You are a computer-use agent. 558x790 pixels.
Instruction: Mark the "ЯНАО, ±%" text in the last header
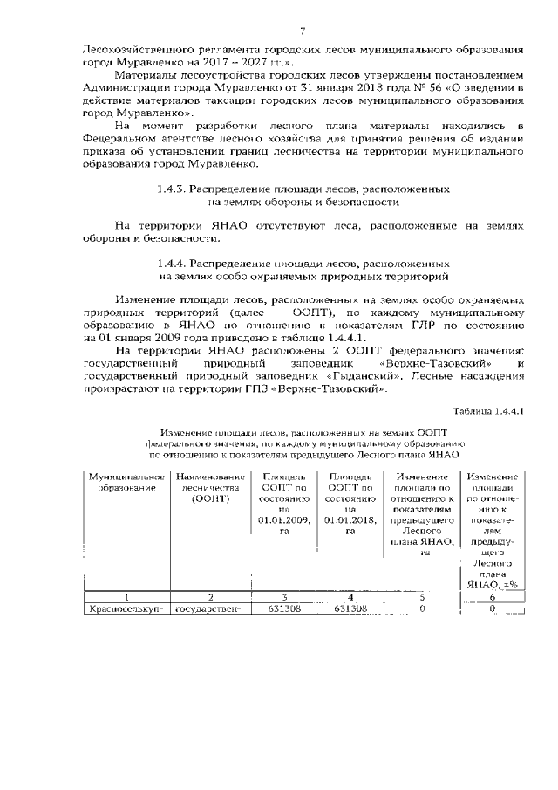pos(493,585)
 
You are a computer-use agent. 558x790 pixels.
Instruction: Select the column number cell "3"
pos(281,597)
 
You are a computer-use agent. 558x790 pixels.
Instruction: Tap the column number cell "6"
pos(493,597)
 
